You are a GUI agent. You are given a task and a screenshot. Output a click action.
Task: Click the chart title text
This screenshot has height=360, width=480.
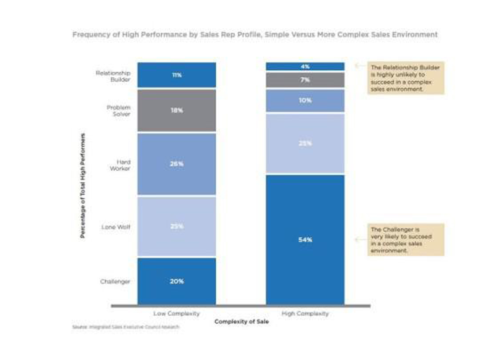pos(255,35)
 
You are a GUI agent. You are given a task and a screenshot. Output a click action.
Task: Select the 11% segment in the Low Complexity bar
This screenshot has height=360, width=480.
pos(176,75)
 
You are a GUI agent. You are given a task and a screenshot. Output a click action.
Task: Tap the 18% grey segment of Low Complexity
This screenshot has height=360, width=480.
pos(176,110)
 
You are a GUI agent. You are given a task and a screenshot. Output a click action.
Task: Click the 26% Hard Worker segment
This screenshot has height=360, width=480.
pos(176,164)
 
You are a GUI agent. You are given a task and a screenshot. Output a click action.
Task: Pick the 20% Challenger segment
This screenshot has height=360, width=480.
pos(176,281)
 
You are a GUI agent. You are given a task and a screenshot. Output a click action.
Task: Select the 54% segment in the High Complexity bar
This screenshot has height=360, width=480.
pos(305,240)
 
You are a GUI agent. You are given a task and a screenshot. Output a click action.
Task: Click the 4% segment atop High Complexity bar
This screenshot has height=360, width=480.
pos(305,67)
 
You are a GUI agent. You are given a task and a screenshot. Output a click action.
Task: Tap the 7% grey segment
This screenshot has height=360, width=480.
pos(305,80)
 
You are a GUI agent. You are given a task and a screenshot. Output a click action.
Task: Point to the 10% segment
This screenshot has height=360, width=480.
pos(305,100)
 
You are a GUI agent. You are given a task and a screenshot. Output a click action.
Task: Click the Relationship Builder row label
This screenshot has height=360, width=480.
pos(113,76)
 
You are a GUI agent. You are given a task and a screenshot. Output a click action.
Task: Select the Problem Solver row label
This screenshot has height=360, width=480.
pos(118,111)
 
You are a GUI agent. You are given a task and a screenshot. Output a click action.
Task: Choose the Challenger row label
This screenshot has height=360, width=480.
pos(115,281)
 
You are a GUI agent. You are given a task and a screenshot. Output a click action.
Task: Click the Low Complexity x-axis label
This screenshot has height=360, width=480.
pos(176,313)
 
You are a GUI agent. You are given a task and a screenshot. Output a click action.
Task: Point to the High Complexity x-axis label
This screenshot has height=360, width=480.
pos(305,313)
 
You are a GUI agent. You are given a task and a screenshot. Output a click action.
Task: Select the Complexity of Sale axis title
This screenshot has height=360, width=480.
pos(241,321)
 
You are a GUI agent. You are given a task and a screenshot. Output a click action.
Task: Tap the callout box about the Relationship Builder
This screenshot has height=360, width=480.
pos(405,78)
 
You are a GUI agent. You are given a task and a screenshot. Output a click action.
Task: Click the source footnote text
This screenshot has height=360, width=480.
pos(126,327)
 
